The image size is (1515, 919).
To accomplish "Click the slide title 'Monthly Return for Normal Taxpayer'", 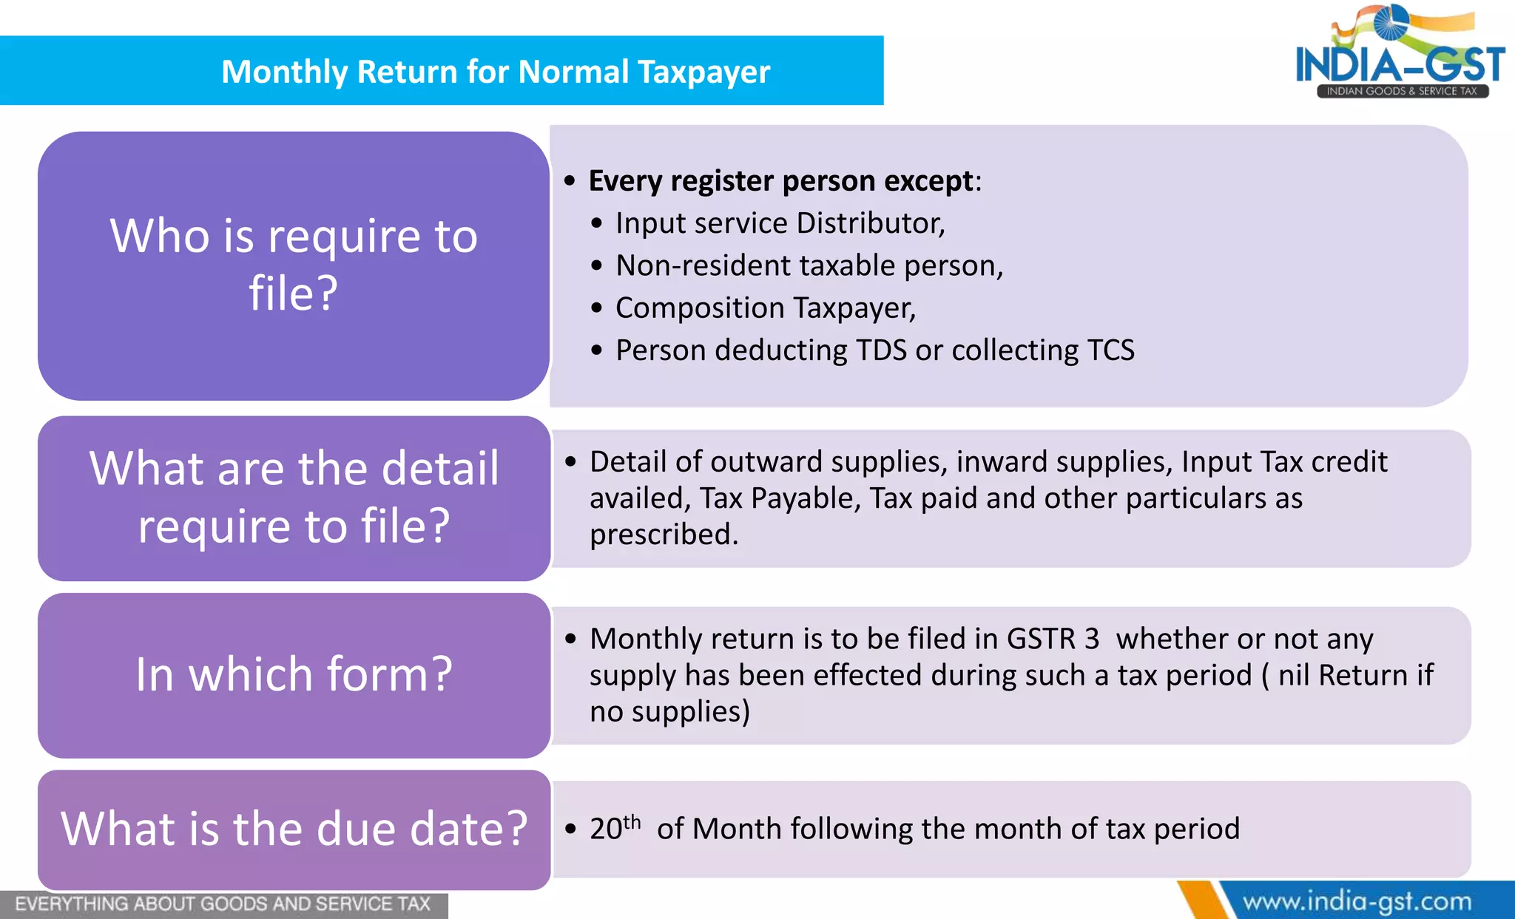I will [496, 72].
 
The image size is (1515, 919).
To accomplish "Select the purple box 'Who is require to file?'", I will [294, 265].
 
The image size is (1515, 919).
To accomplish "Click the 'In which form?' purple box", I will [294, 674].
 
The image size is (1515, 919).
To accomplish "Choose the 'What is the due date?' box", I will [294, 829].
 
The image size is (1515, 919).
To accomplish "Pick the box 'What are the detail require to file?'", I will [294, 498].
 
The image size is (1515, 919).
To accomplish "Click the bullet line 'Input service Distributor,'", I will [780, 223].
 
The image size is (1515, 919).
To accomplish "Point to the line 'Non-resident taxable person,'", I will [809, 265].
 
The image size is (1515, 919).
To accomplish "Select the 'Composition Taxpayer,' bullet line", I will [765, 308].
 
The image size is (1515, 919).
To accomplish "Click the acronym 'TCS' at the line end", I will [1110, 350].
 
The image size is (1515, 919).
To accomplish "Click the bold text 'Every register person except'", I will [780, 181].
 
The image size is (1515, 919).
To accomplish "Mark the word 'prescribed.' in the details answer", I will [664, 534].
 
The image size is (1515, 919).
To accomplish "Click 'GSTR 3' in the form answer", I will [1053, 639].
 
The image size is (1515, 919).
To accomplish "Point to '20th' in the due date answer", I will [614, 828].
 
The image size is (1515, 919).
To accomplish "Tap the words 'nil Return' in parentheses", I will [1343, 675].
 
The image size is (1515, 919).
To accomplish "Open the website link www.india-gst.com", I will [1357, 902].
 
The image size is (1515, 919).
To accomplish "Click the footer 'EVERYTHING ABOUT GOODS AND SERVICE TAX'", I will [222, 904].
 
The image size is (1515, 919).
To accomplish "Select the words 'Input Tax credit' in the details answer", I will [1283, 461].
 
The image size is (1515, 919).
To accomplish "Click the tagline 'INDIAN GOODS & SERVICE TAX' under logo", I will [1401, 91].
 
